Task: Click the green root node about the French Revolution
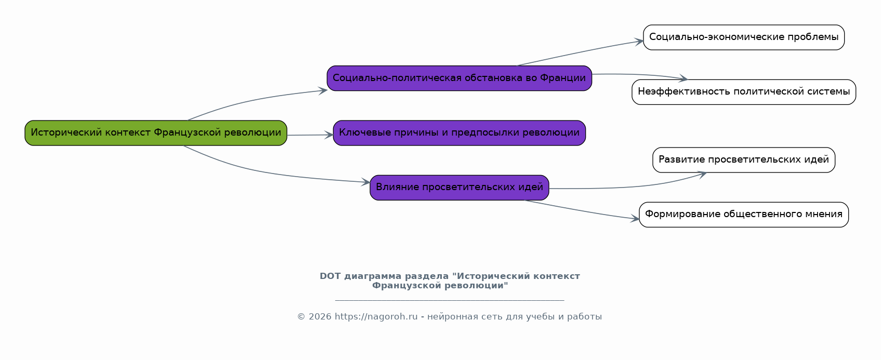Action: point(156,133)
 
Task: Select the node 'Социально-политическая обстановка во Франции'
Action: point(459,78)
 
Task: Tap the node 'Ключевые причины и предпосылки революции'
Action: point(459,133)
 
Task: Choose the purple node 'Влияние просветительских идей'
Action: point(459,188)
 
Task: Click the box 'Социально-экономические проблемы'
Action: point(744,37)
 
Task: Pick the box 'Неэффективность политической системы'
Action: point(744,92)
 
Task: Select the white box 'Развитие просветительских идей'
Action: point(744,160)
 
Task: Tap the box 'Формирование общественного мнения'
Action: point(744,215)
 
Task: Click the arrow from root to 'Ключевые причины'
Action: point(310,135)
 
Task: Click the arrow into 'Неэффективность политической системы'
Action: point(640,75)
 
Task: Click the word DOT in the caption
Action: point(330,276)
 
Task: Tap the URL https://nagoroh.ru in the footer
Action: point(376,316)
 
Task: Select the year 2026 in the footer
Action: point(320,316)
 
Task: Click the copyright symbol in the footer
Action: point(301,317)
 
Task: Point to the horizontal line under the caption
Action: point(450,300)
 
